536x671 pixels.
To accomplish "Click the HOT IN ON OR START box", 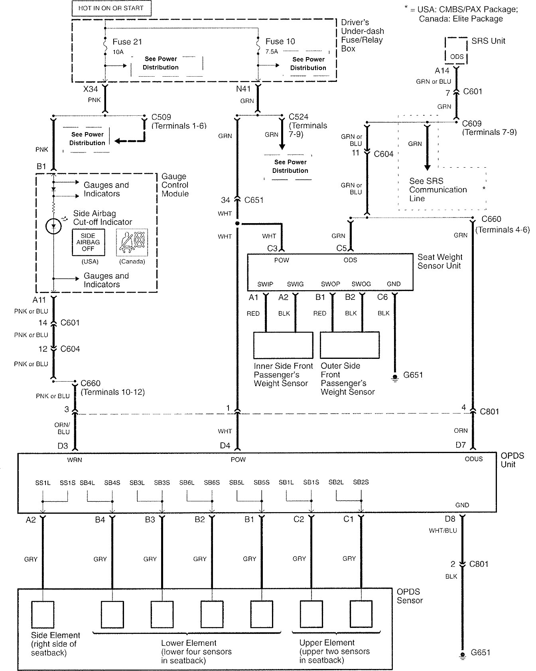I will coord(111,8).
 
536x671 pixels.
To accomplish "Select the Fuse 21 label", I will coord(127,42).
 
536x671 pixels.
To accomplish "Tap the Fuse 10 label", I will coord(280,42).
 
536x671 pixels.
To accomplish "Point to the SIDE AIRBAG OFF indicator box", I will coord(88,242).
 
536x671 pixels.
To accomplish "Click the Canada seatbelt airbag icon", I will coord(132,242).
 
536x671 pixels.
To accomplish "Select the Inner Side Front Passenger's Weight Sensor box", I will coord(283,345).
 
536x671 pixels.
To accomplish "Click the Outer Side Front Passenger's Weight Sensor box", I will coord(350,345).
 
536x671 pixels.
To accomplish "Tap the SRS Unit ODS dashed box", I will coord(456,51).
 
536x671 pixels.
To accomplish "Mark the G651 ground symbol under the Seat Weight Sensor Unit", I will coord(395,377).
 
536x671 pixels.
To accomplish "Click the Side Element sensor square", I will coord(43,614).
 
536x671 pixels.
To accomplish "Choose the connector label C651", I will coord(254,200).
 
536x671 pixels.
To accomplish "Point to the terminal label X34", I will coord(91,89).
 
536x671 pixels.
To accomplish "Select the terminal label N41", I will coord(243,89).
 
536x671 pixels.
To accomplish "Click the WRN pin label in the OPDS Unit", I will coord(75,460).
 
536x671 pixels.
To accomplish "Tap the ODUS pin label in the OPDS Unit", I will coord(473,459).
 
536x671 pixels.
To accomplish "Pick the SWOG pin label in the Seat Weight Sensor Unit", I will coord(361,284).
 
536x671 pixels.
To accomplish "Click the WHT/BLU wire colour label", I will coord(443,530).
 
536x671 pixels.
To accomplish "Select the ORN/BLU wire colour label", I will coord(62,429).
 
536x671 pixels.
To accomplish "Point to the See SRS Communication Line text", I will coord(438,190).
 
